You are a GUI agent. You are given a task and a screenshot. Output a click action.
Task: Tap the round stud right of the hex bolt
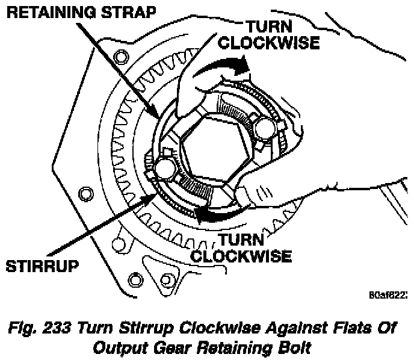[265, 128]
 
